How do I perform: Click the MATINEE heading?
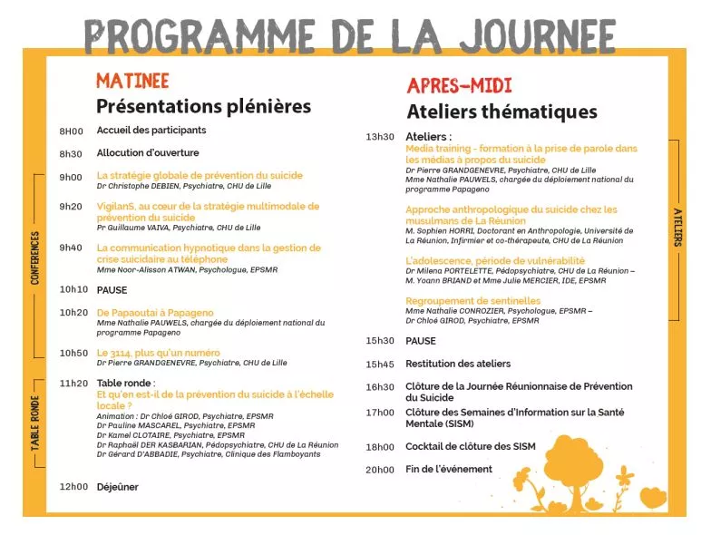coord(132,81)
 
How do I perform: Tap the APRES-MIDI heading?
coord(459,86)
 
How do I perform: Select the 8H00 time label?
coord(71,131)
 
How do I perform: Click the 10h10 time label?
coord(73,290)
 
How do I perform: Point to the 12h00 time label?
coord(73,487)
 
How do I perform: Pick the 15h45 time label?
coord(380,365)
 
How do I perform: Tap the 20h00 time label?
coord(380,470)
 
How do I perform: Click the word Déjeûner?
coord(118,487)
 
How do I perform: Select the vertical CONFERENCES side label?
coord(35,259)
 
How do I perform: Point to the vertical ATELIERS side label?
coord(677,227)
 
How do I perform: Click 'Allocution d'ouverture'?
coord(148,153)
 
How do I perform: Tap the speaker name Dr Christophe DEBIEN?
coord(139,186)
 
